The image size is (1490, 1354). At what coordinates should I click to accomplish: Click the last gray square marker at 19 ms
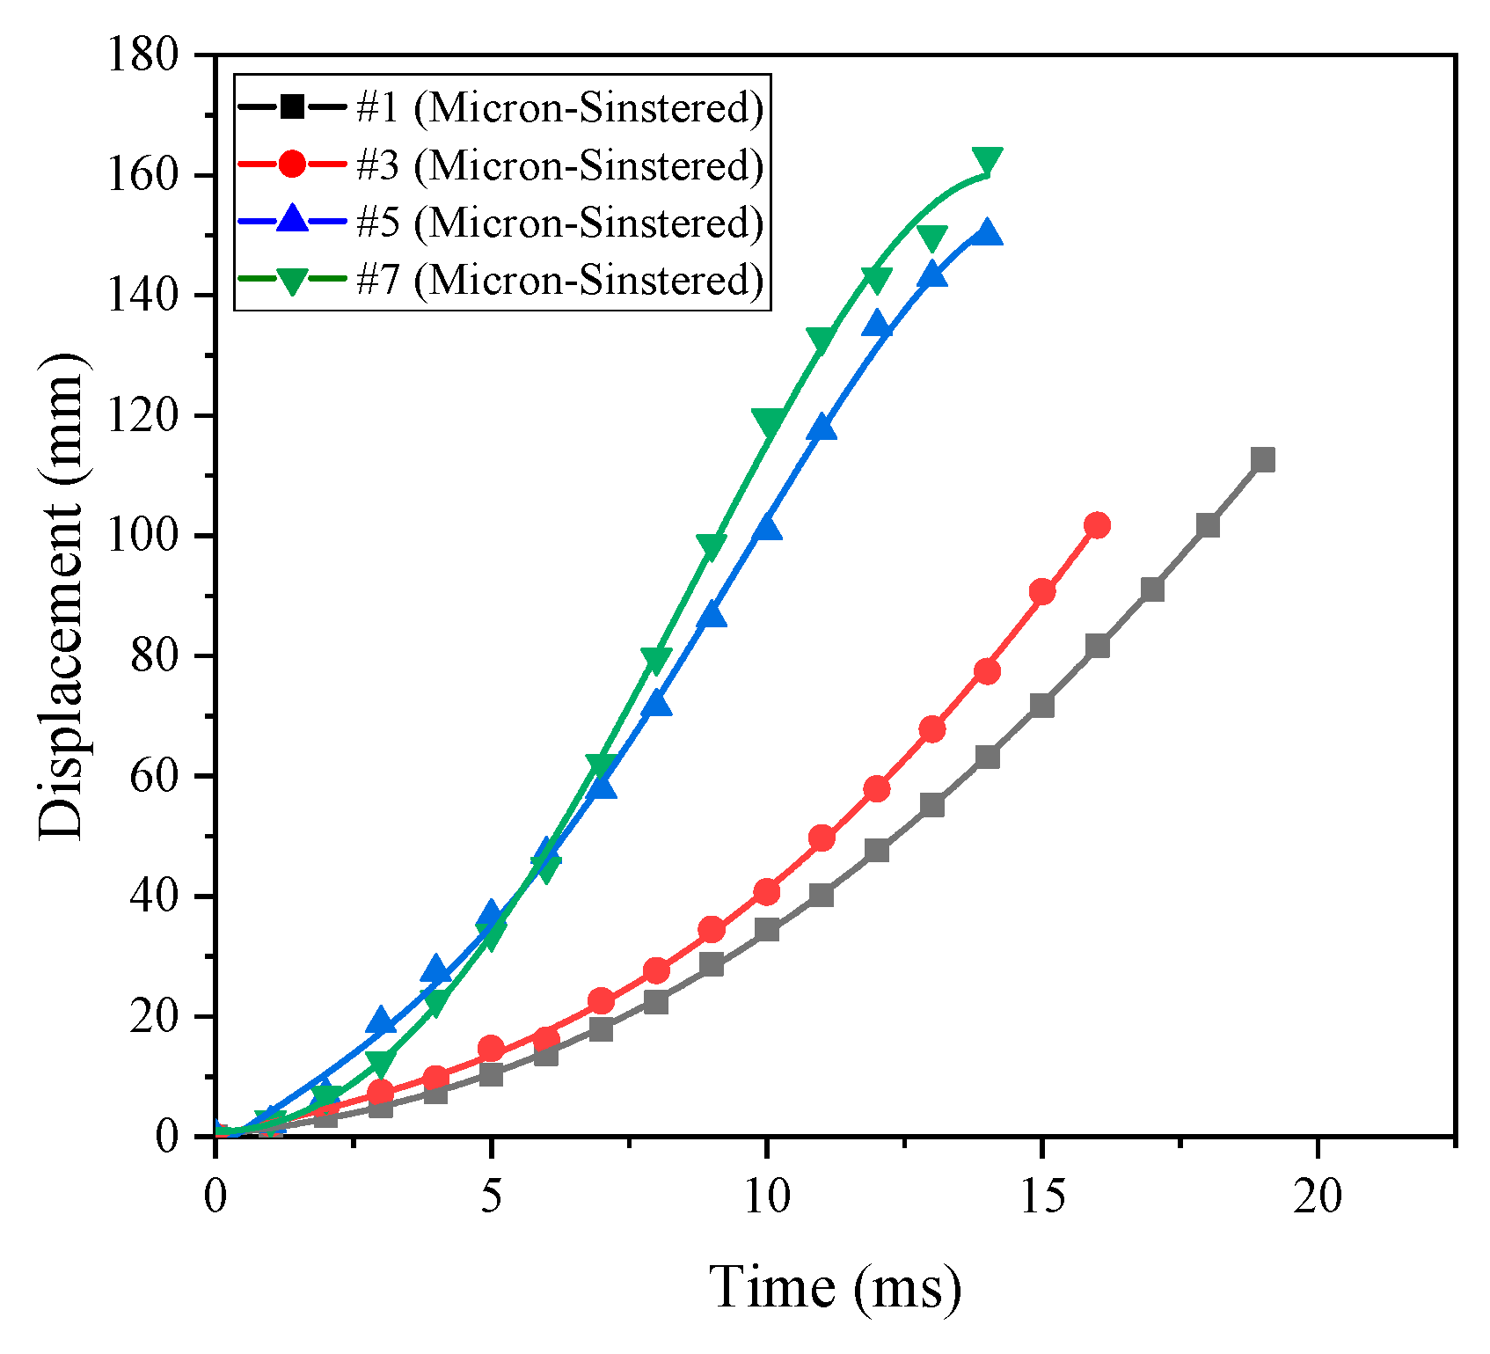1262,459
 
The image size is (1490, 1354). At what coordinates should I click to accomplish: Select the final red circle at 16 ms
1097,525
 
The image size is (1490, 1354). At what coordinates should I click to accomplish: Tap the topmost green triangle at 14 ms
987,160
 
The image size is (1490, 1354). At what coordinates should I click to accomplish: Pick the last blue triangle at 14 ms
987,233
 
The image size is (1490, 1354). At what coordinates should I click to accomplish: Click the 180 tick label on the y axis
154,55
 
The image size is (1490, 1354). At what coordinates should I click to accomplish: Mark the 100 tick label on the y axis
154,536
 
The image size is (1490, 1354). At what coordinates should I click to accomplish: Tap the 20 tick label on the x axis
1317,1196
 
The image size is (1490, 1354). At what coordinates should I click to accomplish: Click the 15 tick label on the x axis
1041,1196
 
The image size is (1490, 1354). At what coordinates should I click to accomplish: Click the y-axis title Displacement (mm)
62,596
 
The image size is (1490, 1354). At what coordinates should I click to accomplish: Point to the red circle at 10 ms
766,891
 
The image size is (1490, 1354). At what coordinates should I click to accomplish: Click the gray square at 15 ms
1041,706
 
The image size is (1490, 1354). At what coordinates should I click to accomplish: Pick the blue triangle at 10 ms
767,528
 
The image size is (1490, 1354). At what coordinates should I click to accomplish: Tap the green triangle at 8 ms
656,658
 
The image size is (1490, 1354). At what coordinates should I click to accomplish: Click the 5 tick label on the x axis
491,1196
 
